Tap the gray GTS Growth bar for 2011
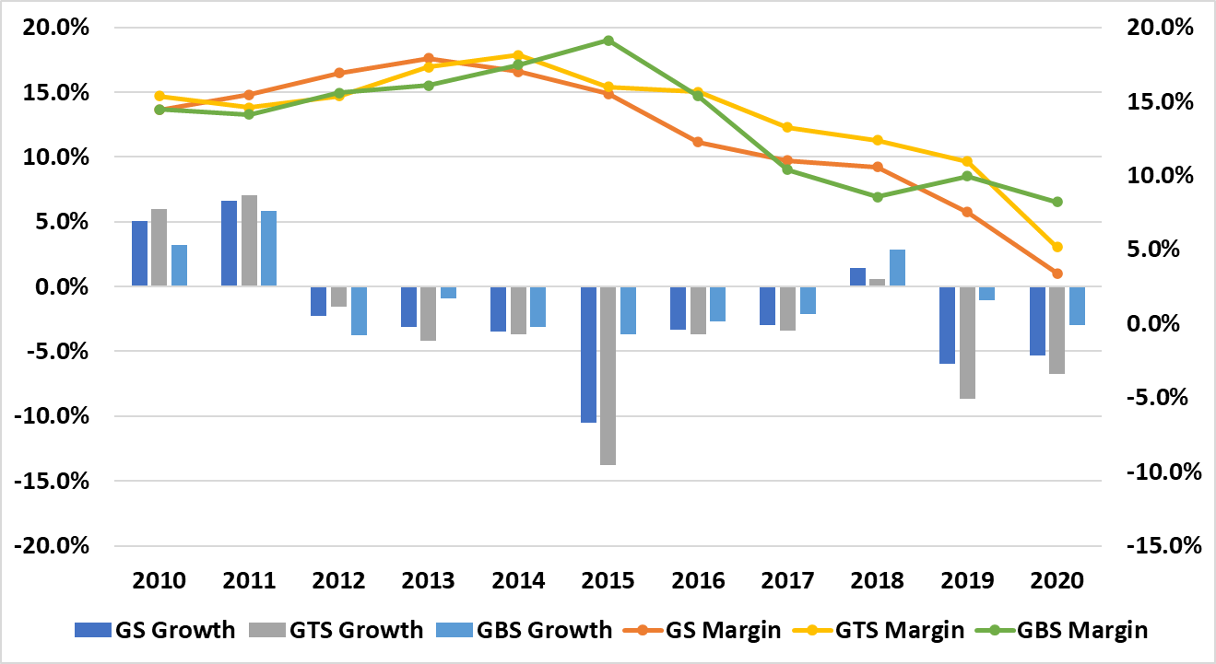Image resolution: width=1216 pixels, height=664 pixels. point(249,241)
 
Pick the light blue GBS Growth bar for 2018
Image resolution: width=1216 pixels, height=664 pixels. point(897,268)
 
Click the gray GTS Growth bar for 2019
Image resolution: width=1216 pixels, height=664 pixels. point(967,343)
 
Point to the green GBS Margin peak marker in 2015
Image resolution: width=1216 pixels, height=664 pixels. point(608,41)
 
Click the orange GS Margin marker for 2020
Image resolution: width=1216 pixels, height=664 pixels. point(1057,274)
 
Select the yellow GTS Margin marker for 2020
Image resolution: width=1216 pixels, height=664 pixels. point(1057,247)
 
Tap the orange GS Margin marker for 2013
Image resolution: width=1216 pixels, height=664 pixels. point(429,58)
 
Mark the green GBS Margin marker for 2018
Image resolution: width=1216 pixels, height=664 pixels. point(878,197)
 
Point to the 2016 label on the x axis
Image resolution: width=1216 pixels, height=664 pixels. point(698,581)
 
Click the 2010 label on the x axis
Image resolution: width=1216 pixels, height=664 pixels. point(159,581)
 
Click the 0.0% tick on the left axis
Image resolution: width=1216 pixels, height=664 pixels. point(60,287)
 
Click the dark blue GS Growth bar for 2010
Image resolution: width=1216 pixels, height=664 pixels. point(140,254)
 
